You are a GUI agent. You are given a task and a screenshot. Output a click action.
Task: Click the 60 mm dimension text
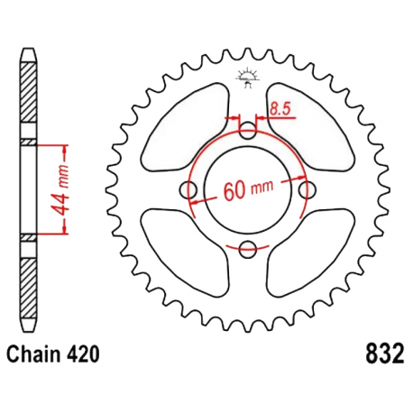247,190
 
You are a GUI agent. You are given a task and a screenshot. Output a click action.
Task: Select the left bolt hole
190,189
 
